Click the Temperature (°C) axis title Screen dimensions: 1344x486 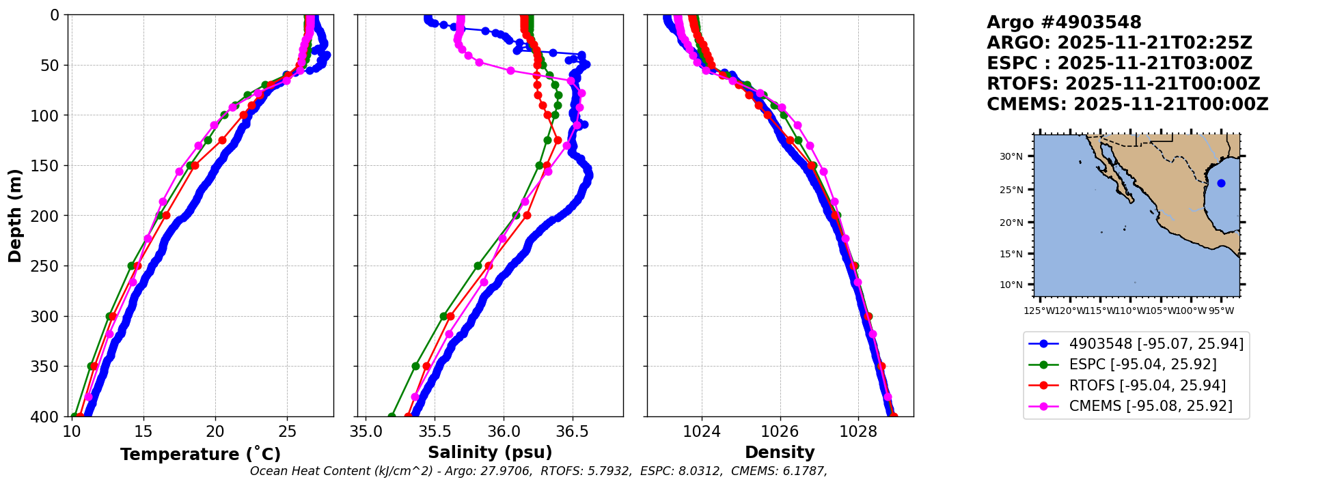(x=200, y=455)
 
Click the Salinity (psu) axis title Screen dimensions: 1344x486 (x=490, y=453)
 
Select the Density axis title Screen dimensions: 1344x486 (x=780, y=453)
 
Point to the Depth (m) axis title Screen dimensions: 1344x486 (x=15, y=216)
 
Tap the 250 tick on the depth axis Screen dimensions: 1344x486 (x=47, y=266)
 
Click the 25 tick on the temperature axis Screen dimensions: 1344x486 (x=288, y=431)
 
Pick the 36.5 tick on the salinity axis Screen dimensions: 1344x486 (x=573, y=431)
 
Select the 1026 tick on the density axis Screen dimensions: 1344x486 (x=780, y=431)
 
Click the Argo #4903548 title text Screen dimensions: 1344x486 (x=1064, y=23)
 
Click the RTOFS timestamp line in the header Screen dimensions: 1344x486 (x=1123, y=84)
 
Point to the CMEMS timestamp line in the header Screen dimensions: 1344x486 (x=1127, y=104)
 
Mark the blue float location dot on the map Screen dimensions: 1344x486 (x=1221, y=183)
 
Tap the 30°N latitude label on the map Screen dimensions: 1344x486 (x=1011, y=156)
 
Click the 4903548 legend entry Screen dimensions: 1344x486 (x=1136, y=343)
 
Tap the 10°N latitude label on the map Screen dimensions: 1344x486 (x=1011, y=285)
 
